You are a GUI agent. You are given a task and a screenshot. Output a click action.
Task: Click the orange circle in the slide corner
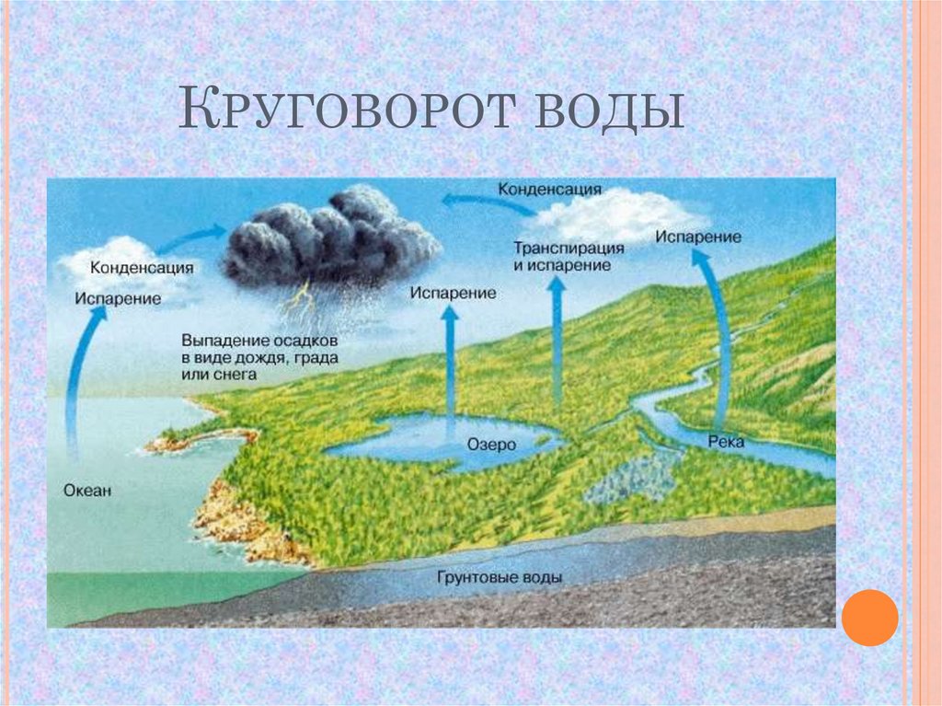tap(868, 617)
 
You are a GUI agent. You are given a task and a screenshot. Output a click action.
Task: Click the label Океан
tap(88, 491)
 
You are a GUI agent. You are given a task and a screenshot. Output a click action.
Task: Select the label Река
tap(726, 442)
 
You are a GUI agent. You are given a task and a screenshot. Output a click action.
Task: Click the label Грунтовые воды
tap(500, 578)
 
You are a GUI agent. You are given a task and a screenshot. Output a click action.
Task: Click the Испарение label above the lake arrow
tap(454, 293)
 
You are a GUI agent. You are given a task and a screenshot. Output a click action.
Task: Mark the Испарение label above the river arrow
tap(698, 237)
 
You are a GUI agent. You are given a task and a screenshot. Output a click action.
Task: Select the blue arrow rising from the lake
tap(450, 368)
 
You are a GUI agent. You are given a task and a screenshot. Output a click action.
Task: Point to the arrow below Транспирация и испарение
tap(557, 341)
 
